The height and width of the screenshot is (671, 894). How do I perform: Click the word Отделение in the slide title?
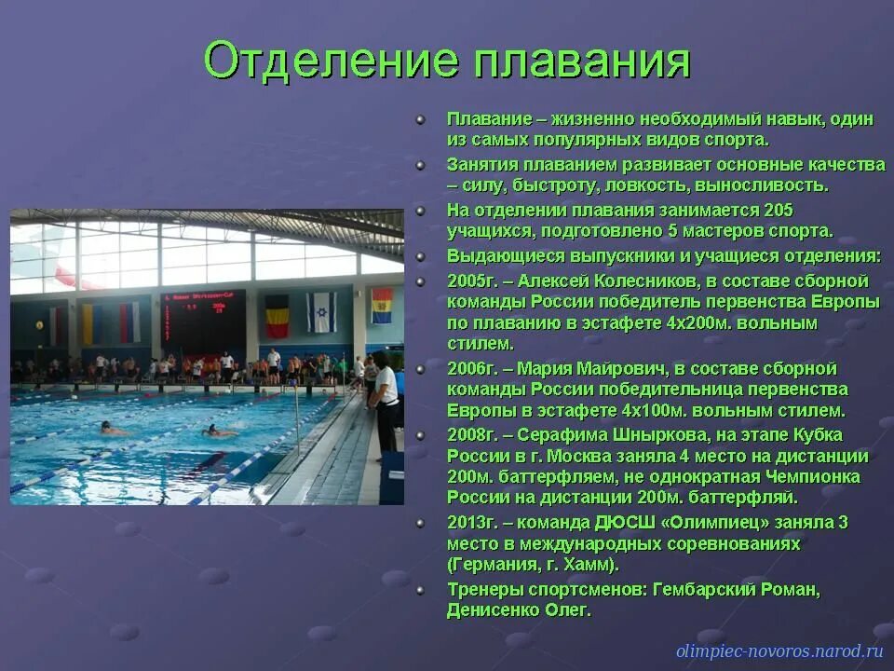331,62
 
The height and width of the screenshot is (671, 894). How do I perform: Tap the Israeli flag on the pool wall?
322,312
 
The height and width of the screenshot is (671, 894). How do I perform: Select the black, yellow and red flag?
277,316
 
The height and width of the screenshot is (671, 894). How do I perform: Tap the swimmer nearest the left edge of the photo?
113,430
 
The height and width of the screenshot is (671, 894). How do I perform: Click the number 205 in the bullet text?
777,211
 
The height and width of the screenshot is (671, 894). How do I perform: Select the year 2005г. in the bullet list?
471,281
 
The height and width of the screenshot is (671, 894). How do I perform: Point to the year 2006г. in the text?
471,369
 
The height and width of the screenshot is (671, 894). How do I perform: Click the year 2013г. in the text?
471,523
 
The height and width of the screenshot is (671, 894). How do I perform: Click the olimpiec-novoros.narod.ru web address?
779,651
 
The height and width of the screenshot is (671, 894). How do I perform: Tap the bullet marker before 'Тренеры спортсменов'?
422,590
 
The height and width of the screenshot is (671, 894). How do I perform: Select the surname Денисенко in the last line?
494,610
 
